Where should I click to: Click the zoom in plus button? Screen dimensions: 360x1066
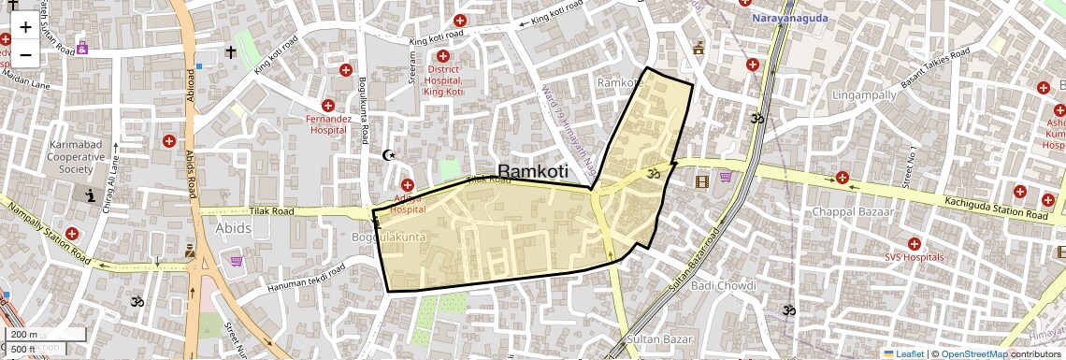(x=25, y=26)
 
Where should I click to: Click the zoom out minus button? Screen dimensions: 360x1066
(x=25, y=54)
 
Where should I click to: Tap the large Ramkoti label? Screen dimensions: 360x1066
(x=533, y=171)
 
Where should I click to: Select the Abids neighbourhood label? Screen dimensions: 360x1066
(x=234, y=228)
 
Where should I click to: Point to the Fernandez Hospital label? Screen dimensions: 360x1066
(x=328, y=124)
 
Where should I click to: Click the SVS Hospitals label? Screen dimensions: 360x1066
(x=914, y=257)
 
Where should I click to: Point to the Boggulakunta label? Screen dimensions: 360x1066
(x=388, y=238)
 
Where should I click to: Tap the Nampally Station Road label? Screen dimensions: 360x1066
(x=47, y=243)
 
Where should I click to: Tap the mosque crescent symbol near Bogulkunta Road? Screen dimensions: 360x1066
(x=390, y=155)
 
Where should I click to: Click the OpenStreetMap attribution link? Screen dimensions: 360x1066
(x=973, y=353)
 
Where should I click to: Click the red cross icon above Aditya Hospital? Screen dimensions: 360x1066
(x=408, y=185)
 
